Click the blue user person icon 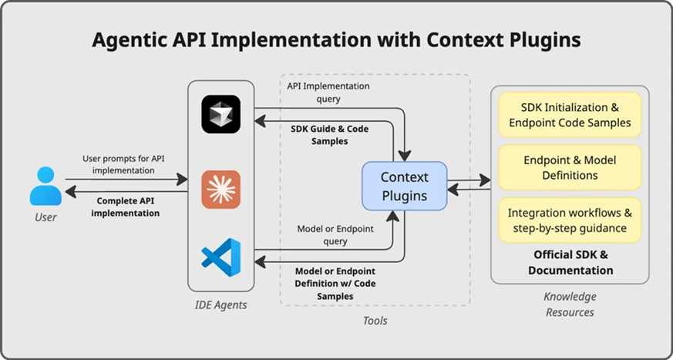45,186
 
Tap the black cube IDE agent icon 221,114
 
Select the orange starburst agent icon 221,189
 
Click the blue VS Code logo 221,258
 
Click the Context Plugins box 405,186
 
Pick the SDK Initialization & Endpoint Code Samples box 570,114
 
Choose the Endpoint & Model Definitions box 570,167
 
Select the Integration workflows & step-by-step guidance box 570,220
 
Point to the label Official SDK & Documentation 570,262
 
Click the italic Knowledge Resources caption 570,304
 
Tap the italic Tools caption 375,320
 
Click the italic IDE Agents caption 221,305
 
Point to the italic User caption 45,217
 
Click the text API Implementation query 328,92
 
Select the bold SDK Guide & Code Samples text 329,135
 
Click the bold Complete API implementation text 126,207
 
